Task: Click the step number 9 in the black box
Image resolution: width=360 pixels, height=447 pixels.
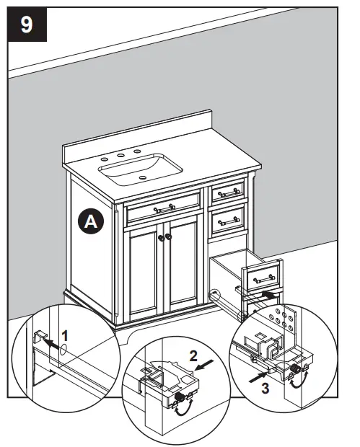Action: click(x=27, y=25)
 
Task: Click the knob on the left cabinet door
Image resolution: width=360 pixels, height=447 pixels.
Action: click(x=159, y=236)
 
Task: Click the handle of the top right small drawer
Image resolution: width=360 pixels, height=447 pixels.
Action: click(x=229, y=192)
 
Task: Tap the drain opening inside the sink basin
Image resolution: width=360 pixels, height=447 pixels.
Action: click(x=144, y=177)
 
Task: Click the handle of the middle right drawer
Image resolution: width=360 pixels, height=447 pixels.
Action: click(x=229, y=216)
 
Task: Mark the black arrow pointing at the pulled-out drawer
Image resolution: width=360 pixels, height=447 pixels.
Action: click(x=268, y=294)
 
